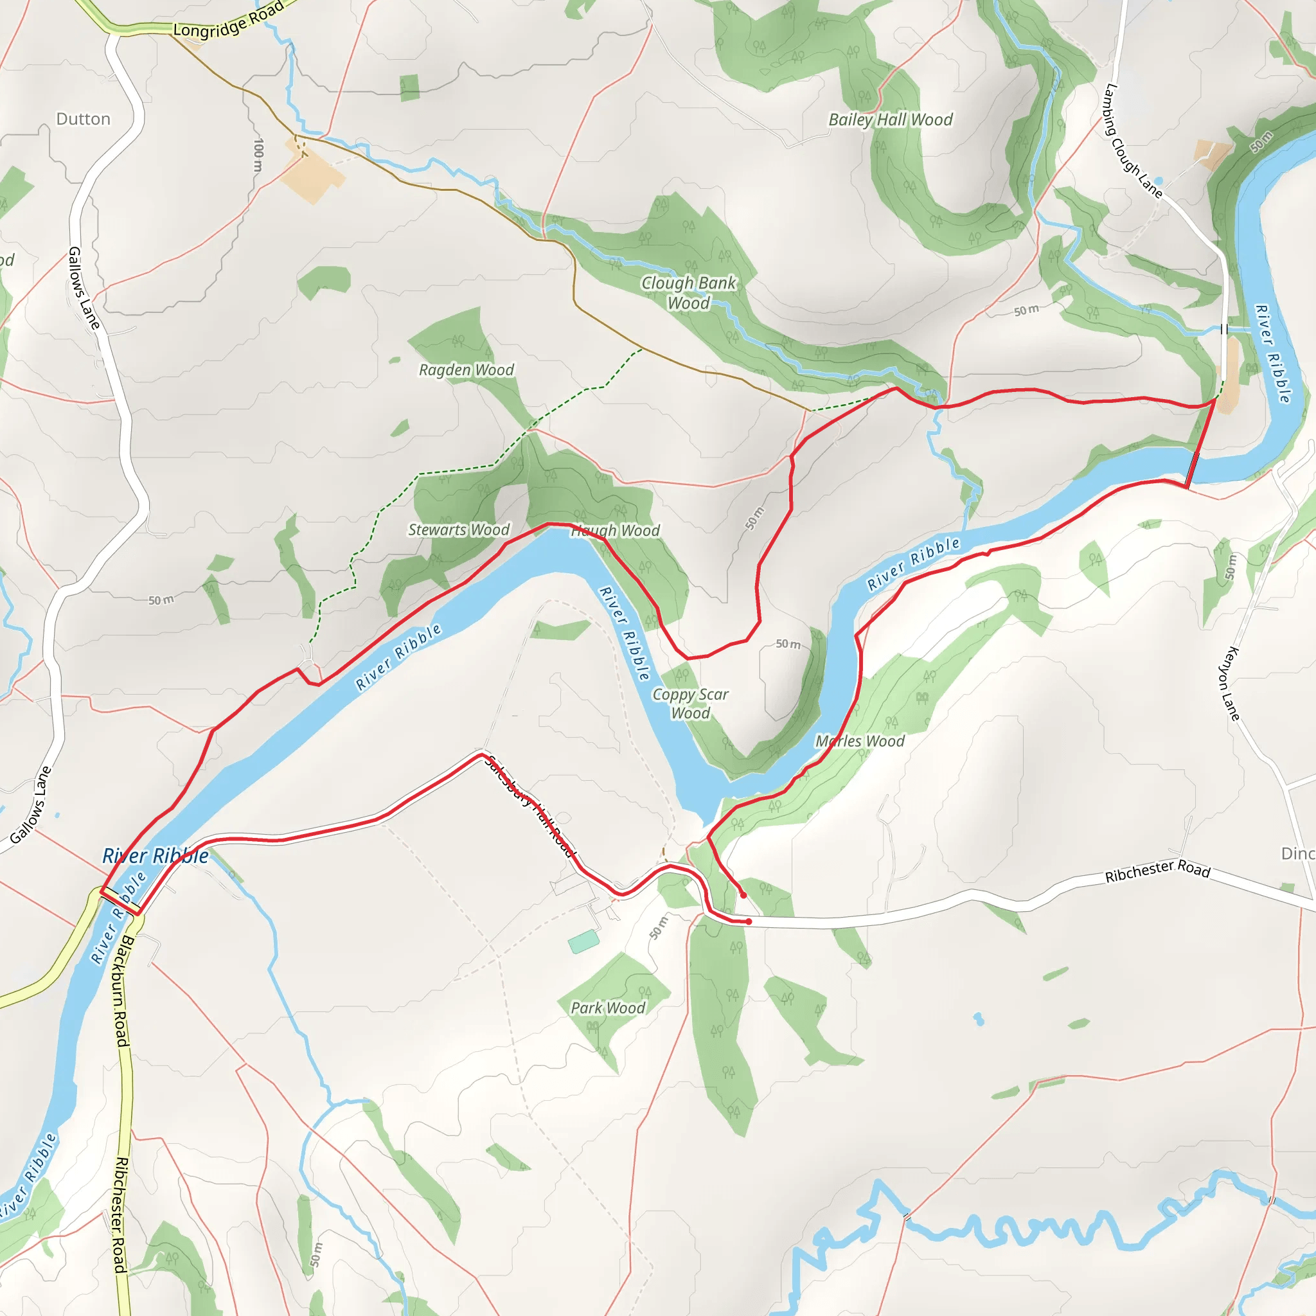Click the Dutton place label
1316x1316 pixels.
(x=83, y=120)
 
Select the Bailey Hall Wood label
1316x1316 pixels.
(x=890, y=120)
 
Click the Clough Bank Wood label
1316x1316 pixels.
(x=689, y=292)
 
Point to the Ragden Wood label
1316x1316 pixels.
(x=466, y=370)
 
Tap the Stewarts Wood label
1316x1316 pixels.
(x=458, y=530)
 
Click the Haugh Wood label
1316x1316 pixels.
(x=615, y=531)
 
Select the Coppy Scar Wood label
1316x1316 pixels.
(x=690, y=704)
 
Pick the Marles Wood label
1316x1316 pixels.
(x=860, y=741)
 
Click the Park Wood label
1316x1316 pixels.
(x=608, y=1008)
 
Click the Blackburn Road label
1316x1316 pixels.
(x=121, y=991)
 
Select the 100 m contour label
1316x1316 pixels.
(x=258, y=156)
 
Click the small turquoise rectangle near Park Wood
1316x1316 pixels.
(x=583, y=943)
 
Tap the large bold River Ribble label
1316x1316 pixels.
(x=156, y=856)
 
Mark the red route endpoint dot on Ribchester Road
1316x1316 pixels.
(x=749, y=921)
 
